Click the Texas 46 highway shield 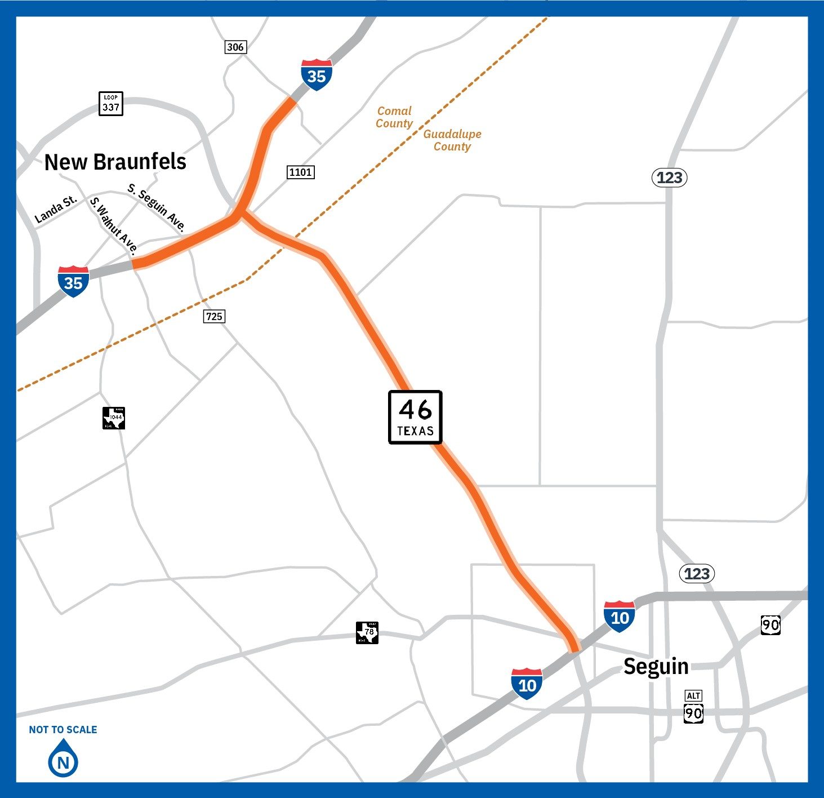[x=415, y=417]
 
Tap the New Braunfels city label [x=115, y=162]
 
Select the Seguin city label [x=656, y=666]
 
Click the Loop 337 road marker [x=110, y=104]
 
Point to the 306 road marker [x=235, y=47]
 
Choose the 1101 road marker [x=300, y=172]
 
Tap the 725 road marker [x=214, y=316]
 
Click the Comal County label [x=394, y=117]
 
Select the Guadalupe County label [x=452, y=140]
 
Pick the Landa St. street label [x=55, y=210]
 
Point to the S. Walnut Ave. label [x=114, y=225]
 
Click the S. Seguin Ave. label [x=157, y=207]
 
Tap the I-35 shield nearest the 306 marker [x=317, y=74]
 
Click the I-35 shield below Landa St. [x=73, y=281]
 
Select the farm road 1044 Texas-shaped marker [x=114, y=418]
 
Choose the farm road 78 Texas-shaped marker [x=367, y=632]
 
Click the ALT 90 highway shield [x=693, y=707]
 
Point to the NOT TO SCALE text [x=63, y=730]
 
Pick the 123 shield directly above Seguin [x=697, y=574]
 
